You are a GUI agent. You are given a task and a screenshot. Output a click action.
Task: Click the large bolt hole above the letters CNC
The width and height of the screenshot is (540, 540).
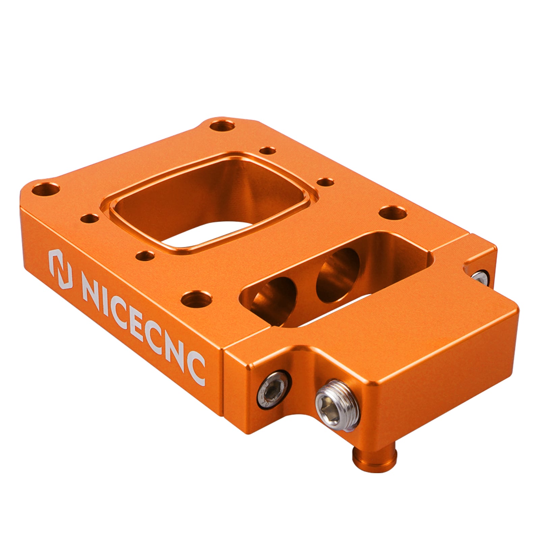196,300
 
